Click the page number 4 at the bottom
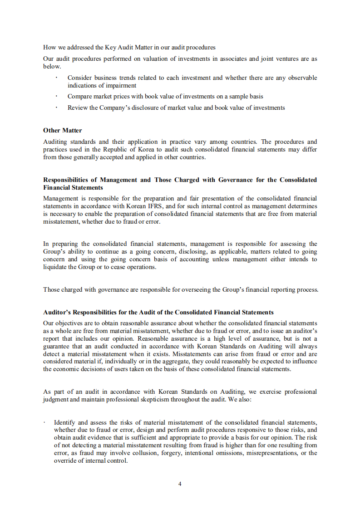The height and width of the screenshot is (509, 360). (180, 484)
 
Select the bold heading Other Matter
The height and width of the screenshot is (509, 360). (63, 130)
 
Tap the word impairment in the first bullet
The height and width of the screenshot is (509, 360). (120, 85)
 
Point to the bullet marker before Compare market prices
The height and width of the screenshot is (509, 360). (56, 96)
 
